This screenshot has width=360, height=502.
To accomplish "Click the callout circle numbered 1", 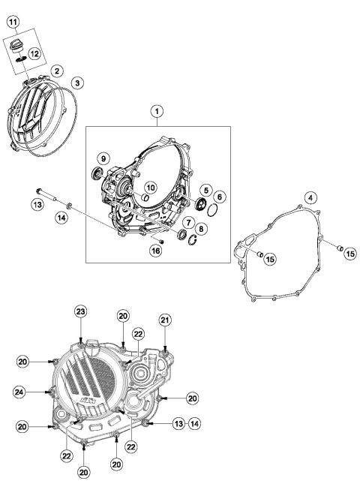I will point(157,111).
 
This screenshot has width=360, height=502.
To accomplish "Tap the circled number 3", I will point(76,82).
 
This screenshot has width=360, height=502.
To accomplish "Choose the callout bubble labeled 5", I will point(204,191).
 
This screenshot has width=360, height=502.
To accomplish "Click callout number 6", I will point(220,196).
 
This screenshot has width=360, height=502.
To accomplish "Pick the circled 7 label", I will point(190,224).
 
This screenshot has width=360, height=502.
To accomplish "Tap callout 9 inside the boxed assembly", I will point(103,158).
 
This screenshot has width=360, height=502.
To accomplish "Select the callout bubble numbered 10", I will point(150,187).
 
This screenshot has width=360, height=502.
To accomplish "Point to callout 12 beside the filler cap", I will point(34,53).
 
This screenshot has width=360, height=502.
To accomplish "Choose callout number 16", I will point(155,251).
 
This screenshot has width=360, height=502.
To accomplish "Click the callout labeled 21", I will point(166,320).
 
